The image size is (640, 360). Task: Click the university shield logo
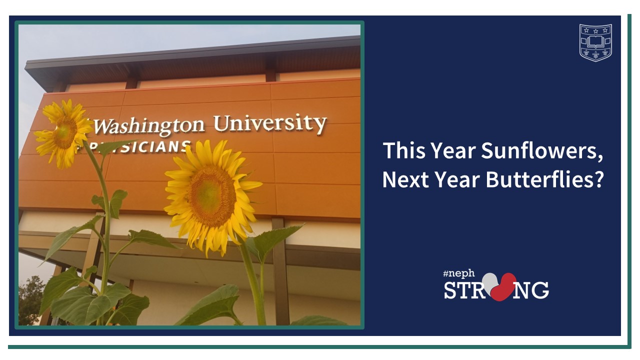click(595, 42)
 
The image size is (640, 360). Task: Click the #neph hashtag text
click(459, 273)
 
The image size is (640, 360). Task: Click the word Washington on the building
click(148, 126)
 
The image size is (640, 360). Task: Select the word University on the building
click(270, 123)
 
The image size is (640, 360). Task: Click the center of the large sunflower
click(212, 196)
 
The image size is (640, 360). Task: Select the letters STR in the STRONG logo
click(462, 290)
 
